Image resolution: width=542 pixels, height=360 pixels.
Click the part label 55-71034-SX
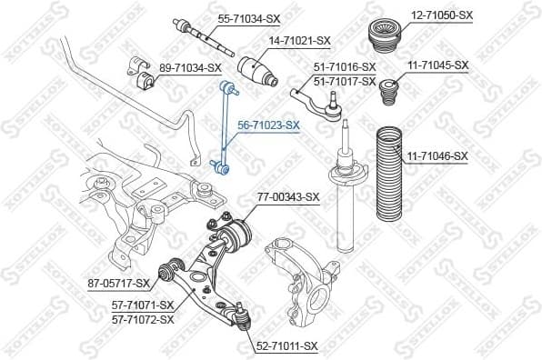pyautogui.click(x=248, y=17)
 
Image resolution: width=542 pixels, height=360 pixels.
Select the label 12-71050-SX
pyautogui.click(x=441, y=15)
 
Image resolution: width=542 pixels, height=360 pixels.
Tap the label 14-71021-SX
pyautogui.click(x=299, y=41)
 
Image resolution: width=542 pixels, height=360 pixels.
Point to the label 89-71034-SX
pyautogui.click(x=190, y=67)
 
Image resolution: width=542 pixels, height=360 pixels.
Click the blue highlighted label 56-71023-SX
pyautogui.click(x=268, y=124)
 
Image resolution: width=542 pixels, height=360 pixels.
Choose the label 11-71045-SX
pyautogui.click(x=437, y=65)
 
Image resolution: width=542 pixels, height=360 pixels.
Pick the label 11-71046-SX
pyautogui.click(x=437, y=156)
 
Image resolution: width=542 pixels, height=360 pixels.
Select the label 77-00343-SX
pyautogui.click(x=287, y=195)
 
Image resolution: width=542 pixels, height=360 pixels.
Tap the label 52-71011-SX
pyautogui.click(x=286, y=345)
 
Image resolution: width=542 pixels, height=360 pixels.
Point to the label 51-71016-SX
pyautogui.click(x=345, y=67)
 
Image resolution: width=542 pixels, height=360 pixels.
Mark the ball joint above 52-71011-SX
pyautogui.click(x=242, y=316)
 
